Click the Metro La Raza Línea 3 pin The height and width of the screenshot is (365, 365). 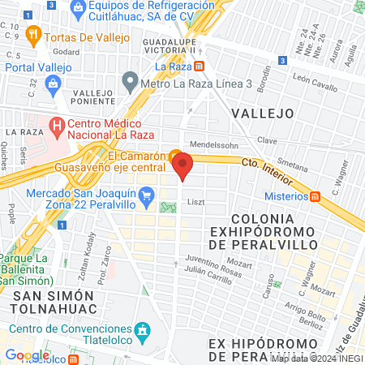click(x=130, y=81)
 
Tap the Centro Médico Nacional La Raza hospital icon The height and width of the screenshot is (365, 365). click(x=57, y=126)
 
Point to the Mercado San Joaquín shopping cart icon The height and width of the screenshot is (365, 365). click(x=147, y=194)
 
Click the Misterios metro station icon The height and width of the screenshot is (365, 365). click(x=316, y=195)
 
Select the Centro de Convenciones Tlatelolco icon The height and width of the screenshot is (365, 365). click(x=143, y=330)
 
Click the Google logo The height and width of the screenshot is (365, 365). click(x=28, y=354)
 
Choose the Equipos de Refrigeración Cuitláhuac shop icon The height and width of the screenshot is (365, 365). click(x=79, y=9)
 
